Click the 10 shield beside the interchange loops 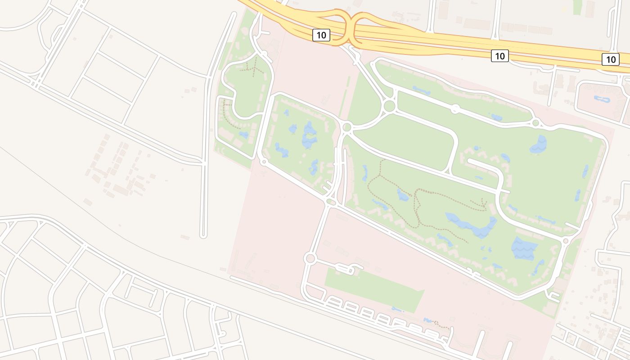point(321,35)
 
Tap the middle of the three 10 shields point(499,56)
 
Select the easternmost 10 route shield point(610,59)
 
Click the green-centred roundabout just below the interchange point(389,106)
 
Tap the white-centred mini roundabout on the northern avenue point(455,109)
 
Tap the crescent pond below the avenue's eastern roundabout point(539,144)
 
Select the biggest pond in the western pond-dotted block point(310,135)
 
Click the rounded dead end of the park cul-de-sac point(471,161)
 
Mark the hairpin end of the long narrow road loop point(203,234)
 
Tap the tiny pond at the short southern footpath point(428,320)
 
